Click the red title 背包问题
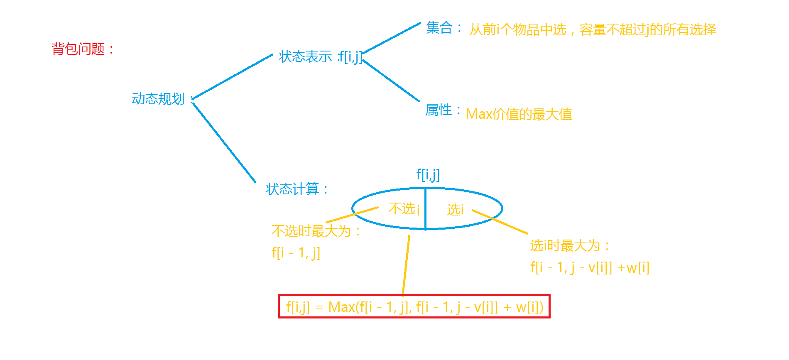79,49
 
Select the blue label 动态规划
158,99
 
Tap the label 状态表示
306,56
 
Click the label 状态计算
293,189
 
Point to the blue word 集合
439,28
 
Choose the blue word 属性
439,110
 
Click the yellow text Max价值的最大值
519,114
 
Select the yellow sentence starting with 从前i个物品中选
593,29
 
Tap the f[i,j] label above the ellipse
428,174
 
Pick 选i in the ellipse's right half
455,210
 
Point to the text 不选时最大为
311,231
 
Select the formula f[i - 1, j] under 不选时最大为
296,252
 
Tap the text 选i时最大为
565,245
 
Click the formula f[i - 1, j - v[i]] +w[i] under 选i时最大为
590,268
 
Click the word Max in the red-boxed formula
341,307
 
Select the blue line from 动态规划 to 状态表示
233,77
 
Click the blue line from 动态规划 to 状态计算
224,142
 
